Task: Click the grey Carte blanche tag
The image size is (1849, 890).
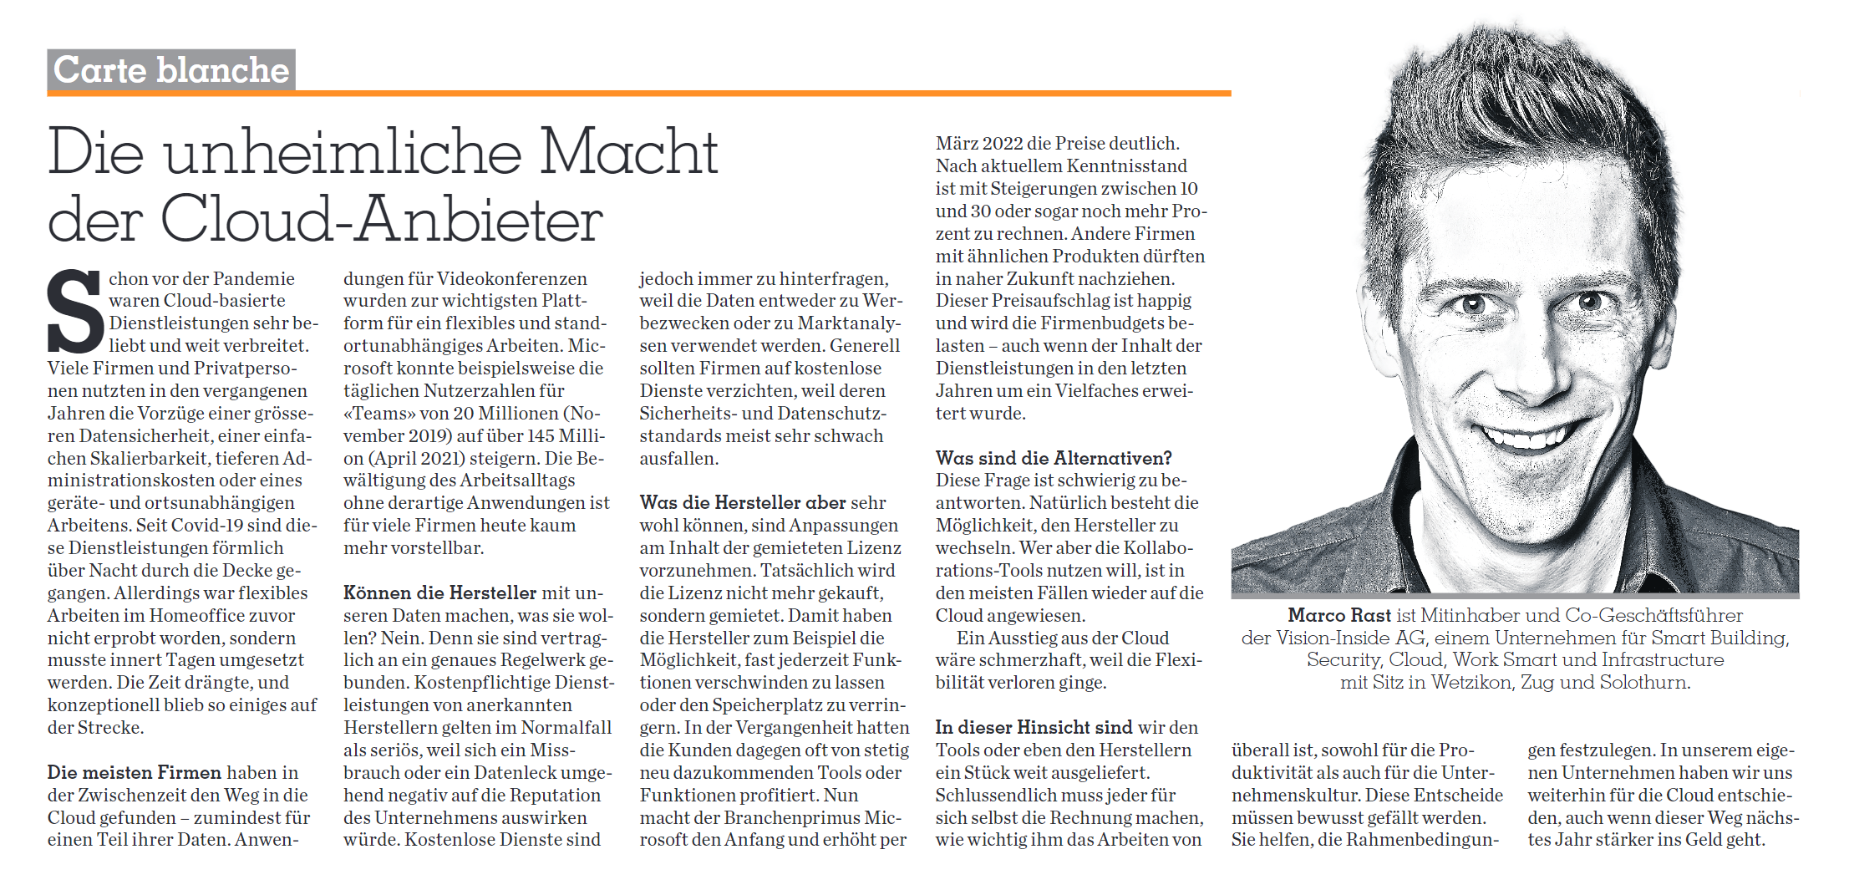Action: (x=171, y=69)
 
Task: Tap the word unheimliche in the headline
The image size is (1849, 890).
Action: (x=343, y=152)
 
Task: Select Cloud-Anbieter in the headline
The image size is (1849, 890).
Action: (x=381, y=221)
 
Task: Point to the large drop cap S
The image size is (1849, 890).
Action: (x=75, y=311)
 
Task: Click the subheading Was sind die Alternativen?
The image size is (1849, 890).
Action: (x=1054, y=458)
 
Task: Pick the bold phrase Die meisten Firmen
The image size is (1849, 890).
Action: (x=134, y=772)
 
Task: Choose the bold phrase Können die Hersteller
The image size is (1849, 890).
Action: (x=439, y=592)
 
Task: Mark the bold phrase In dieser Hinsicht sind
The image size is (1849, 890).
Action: (x=1034, y=727)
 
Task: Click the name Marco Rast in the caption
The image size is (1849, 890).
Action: (x=1338, y=615)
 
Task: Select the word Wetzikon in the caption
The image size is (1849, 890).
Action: (x=1471, y=682)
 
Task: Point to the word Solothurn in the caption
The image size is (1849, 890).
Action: (x=1644, y=682)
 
